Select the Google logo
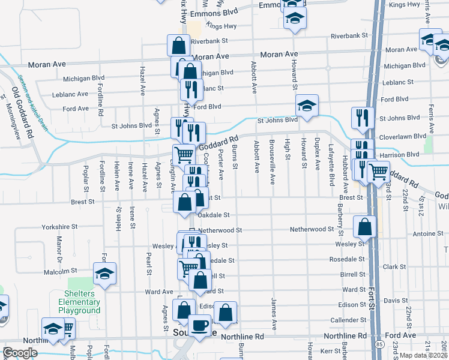20,353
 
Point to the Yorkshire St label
60,227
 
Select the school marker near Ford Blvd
306,106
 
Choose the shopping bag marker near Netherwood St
364,227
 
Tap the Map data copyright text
424,354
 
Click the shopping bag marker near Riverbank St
179,44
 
